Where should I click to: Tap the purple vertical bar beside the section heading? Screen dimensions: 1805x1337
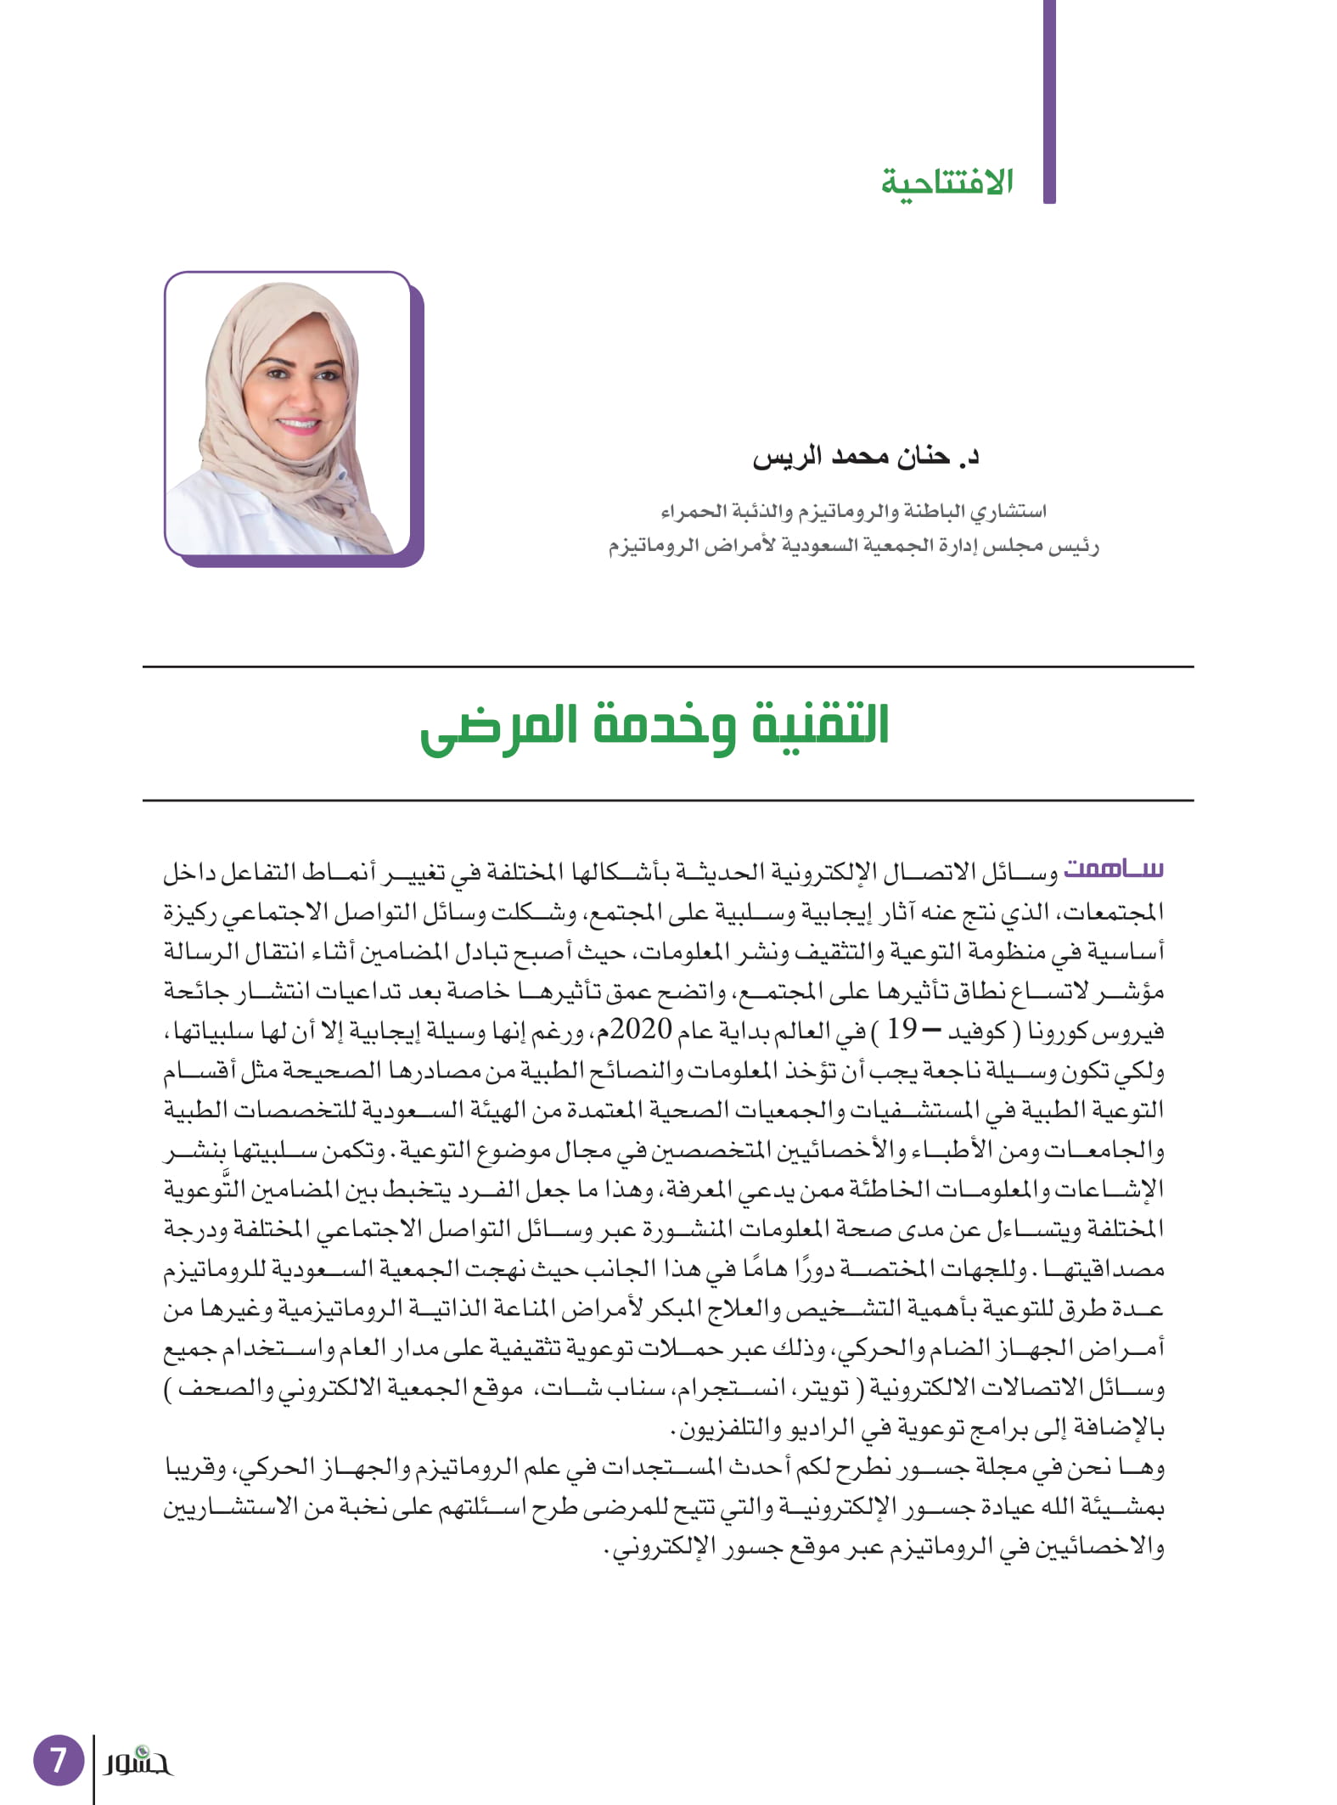(x=1049, y=102)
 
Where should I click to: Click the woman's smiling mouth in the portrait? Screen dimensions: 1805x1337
(x=299, y=424)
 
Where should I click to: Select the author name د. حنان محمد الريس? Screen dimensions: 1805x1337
(x=866, y=457)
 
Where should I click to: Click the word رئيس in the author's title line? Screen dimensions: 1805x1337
(x=1073, y=546)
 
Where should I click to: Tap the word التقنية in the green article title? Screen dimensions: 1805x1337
(x=815, y=727)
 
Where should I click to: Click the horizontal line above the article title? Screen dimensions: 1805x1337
(x=668, y=667)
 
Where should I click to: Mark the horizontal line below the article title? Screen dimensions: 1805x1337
(x=668, y=800)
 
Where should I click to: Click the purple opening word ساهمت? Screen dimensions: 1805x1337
(x=1113, y=869)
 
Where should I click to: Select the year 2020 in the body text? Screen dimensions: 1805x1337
(x=641, y=1030)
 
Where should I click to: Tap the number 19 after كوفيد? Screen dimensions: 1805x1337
(x=902, y=1030)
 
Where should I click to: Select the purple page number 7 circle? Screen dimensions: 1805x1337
(x=58, y=1759)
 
